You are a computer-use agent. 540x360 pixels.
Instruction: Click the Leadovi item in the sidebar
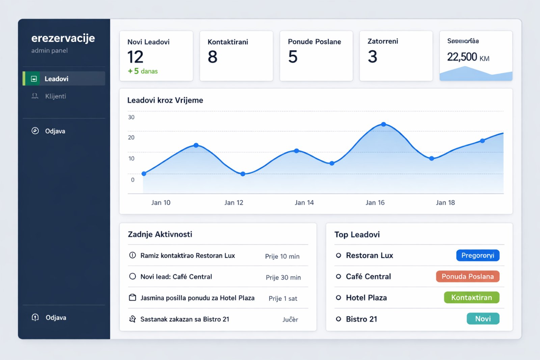tap(56, 79)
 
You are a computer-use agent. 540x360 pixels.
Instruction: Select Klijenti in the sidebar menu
tap(55, 96)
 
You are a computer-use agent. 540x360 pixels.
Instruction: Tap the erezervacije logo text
tap(63, 38)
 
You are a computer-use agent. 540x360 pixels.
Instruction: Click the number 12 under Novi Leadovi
tap(135, 57)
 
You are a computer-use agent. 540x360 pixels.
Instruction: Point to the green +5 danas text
tap(143, 71)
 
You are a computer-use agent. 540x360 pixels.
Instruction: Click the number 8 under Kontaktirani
tap(213, 57)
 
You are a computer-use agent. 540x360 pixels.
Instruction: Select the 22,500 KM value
tap(468, 57)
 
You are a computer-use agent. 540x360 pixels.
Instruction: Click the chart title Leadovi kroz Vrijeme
tap(165, 100)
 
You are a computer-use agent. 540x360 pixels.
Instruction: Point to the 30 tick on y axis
tap(131, 117)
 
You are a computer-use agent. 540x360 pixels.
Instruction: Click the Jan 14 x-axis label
tap(304, 202)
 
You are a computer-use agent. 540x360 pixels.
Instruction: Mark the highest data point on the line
tap(383, 124)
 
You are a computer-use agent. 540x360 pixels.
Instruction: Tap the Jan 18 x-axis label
tap(445, 202)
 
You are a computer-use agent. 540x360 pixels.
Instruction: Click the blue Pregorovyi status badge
tap(478, 255)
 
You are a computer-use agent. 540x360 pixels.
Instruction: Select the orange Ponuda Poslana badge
tap(467, 276)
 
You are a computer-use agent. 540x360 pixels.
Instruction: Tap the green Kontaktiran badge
tap(471, 298)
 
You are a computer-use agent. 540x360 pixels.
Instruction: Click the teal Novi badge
tap(483, 319)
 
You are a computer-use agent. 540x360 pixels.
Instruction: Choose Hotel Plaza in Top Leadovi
tap(366, 298)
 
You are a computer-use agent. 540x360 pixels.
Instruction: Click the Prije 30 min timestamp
tap(283, 277)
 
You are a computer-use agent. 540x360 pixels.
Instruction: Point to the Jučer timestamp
tap(290, 320)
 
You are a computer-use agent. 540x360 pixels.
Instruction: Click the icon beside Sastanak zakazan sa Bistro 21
tap(133, 319)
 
